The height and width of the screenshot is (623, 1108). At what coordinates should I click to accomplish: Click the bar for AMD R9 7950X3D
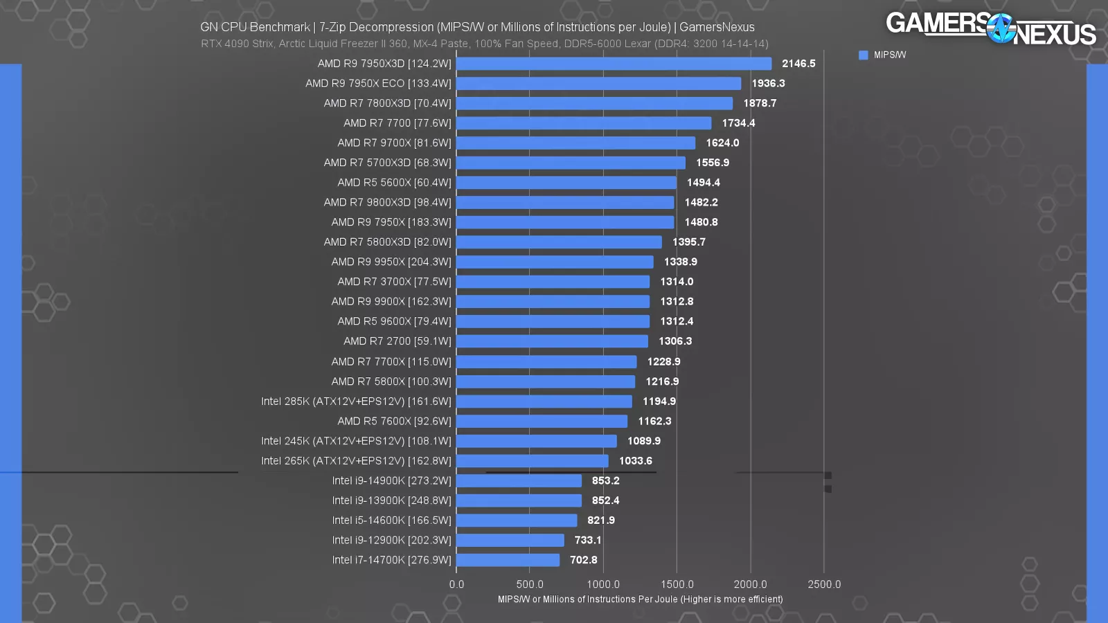(614, 64)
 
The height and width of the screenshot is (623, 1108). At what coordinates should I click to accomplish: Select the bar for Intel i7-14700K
(508, 560)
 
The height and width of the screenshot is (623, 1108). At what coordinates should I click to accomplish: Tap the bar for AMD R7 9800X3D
(565, 202)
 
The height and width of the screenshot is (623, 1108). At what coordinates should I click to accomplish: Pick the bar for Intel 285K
(544, 401)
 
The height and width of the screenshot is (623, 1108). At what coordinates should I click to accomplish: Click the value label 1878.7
(760, 103)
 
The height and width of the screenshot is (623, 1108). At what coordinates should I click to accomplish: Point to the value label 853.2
(605, 480)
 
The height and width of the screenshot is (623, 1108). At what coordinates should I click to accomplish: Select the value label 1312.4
(677, 321)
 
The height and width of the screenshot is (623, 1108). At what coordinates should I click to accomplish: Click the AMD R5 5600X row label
(394, 183)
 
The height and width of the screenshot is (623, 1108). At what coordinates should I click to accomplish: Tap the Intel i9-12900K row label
(391, 540)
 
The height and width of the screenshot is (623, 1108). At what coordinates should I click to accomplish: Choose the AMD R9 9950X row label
(391, 262)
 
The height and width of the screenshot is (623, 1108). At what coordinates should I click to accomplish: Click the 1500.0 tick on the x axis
(677, 584)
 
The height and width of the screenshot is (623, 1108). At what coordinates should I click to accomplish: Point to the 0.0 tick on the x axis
(456, 584)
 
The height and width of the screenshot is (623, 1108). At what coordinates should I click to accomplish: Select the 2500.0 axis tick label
(823, 584)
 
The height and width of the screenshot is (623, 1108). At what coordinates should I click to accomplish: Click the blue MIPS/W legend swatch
(863, 55)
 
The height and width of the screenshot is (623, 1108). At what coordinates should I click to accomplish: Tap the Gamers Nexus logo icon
(1001, 29)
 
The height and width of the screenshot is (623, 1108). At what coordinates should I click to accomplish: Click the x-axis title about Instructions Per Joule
(640, 599)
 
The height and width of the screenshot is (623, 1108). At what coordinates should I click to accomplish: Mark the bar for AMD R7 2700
(552, 341)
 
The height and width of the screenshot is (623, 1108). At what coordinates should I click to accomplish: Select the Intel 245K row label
(356, 441)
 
